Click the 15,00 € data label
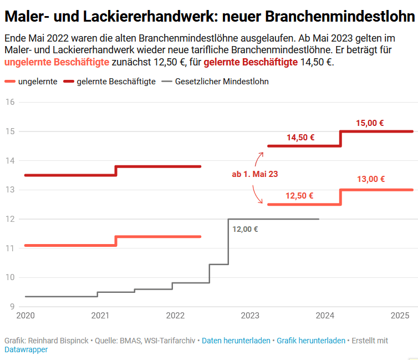[370, 123]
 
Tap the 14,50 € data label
[300, 138]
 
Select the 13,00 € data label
[371, 179]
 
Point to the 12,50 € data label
[299, 195]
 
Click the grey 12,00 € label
[245, 229]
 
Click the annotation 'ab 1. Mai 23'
[254, 174]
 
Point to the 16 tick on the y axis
[9, 102]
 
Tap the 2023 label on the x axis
[250, 316]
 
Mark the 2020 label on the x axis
[26, 316]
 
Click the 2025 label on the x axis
[400, 316]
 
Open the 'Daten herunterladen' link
[236, 341]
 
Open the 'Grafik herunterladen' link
[310, 341]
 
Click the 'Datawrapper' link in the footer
[26, 350]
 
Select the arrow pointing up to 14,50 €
[259, 158]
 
